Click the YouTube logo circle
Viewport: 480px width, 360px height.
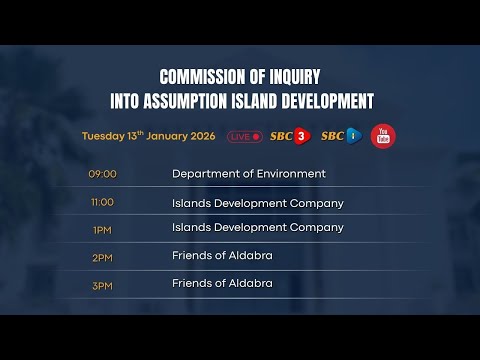click(x=381, y=136)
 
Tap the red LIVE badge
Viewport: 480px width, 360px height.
click(x=244, y=136)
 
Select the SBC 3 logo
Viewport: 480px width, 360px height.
click(x=290, y=136)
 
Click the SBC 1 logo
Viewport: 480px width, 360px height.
click(x=340, y=136)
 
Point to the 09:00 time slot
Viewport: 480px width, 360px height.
click(x=103, y=174)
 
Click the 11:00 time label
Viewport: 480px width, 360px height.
click(x=102, y=202)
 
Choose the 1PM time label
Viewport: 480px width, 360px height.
click(x=102, y=228)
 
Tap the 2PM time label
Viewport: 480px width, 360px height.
click(x=102, y=256)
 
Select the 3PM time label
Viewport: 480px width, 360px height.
click(x=102, y=284)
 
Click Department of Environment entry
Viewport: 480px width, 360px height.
click(x=249, y=174)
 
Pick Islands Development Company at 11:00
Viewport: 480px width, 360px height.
click(x=258, y=203)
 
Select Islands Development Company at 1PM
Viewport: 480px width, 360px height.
click(x=258, y=228)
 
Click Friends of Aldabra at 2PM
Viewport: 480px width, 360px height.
click(x=222, y=256)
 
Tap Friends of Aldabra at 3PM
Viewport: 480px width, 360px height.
click(x=222, y=284)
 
